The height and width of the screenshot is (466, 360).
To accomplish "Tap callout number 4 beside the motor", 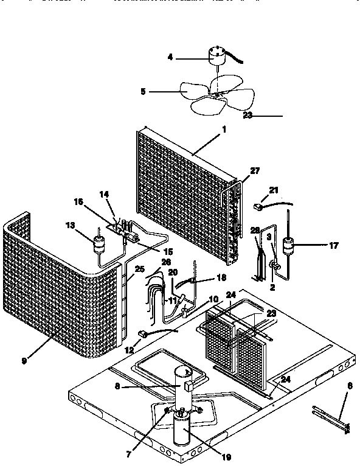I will coord(170,58).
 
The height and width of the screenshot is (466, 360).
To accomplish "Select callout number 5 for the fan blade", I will coord(143,92).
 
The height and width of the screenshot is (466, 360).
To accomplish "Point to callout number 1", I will coord(224,130).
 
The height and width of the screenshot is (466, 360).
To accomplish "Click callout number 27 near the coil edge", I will coord(254,171).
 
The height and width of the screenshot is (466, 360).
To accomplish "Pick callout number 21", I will coord(273,189).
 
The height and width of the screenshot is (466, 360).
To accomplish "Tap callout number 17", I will coord(333,246).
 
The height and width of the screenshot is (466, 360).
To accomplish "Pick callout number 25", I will coord(139,269).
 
